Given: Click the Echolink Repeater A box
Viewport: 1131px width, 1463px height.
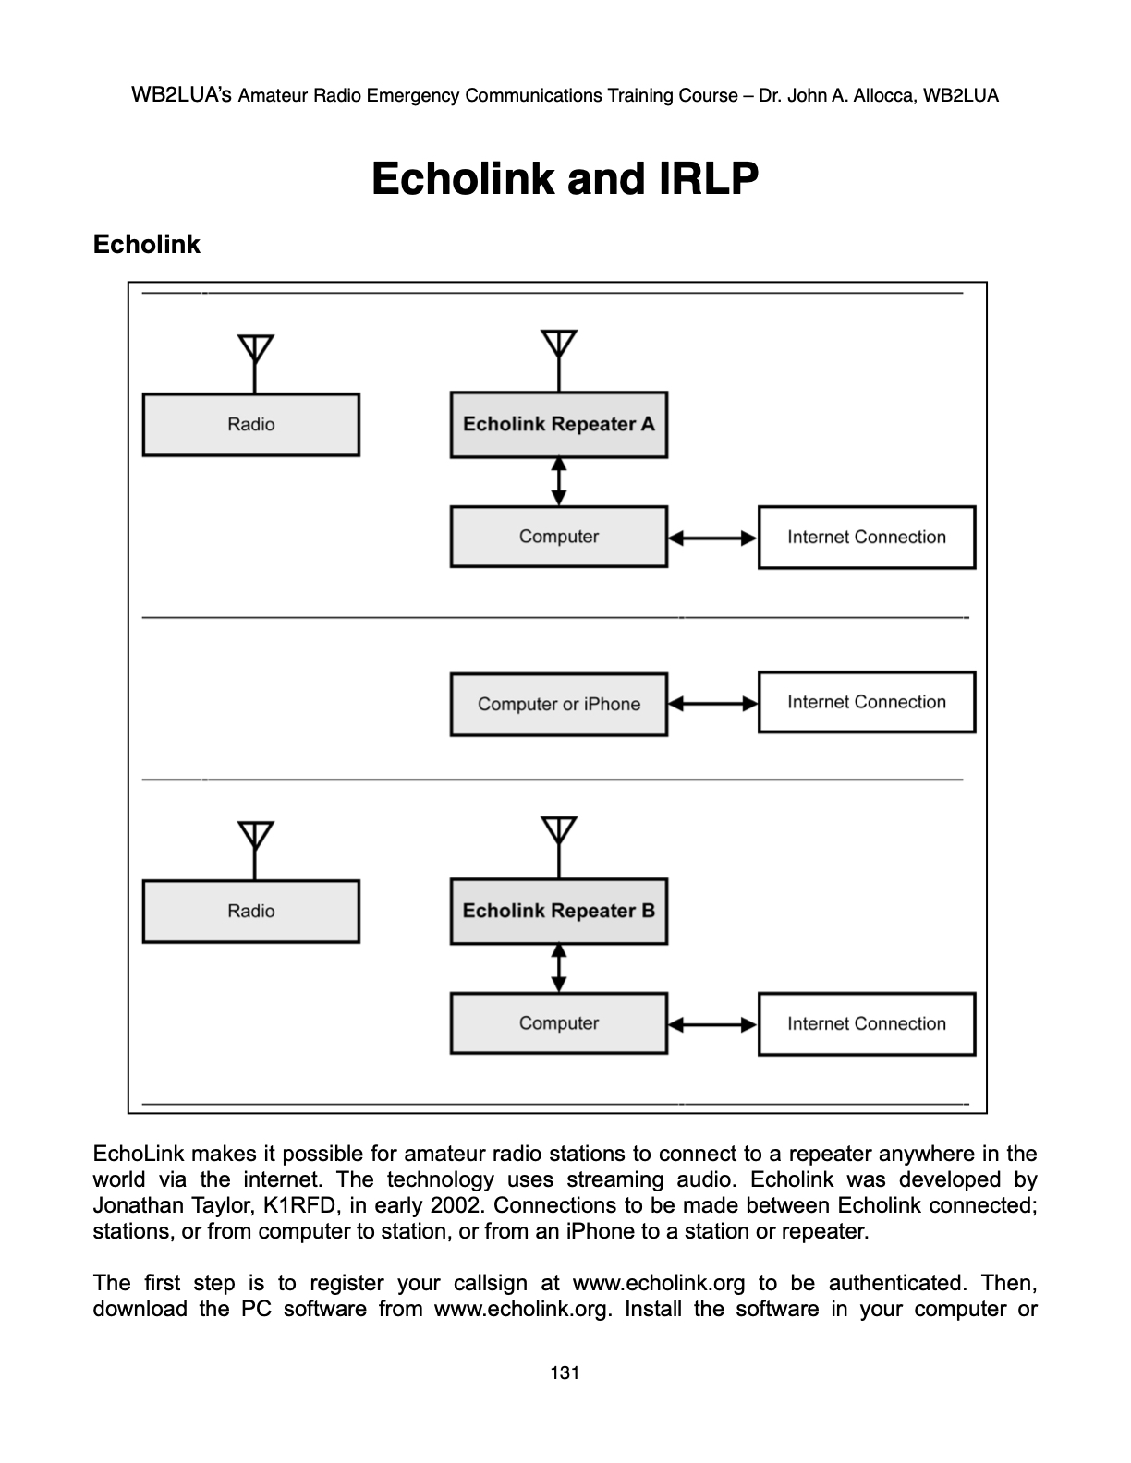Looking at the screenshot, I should click(x=558, y=424).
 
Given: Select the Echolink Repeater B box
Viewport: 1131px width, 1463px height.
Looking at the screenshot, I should click(x=558, y=911).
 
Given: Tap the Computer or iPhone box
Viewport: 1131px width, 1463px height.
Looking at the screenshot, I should click(x=558, y=704).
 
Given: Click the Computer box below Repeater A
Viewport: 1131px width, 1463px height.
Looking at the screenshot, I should click(x=558, y=537).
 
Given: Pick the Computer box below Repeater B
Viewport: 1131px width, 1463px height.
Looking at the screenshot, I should click(x=558, y=1023).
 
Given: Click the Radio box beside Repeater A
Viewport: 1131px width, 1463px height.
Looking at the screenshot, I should click(x=250, y=425).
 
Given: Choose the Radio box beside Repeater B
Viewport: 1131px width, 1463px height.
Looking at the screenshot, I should click(x=250, y=912).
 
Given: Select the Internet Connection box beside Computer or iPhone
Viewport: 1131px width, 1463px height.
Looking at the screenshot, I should click(x=866, y=702).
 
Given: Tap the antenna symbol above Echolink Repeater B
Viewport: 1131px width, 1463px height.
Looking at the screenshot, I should click(x=559, y=832).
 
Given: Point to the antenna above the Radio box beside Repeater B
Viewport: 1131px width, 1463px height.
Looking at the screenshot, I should click(x=255, y=837).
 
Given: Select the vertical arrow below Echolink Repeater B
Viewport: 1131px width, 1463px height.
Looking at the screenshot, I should click(x=558, y=968).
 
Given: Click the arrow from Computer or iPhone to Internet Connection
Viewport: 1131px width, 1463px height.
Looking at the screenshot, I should click(x=712, y=704).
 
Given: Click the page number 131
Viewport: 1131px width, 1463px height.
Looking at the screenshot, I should click(x=564, y=1372).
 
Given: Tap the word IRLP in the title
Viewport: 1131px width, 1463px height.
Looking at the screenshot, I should click(x=708, y=178).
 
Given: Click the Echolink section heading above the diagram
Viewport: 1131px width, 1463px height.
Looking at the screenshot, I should click(x=146, y=245).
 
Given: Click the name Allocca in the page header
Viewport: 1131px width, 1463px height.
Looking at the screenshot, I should click(x=869, y=95).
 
